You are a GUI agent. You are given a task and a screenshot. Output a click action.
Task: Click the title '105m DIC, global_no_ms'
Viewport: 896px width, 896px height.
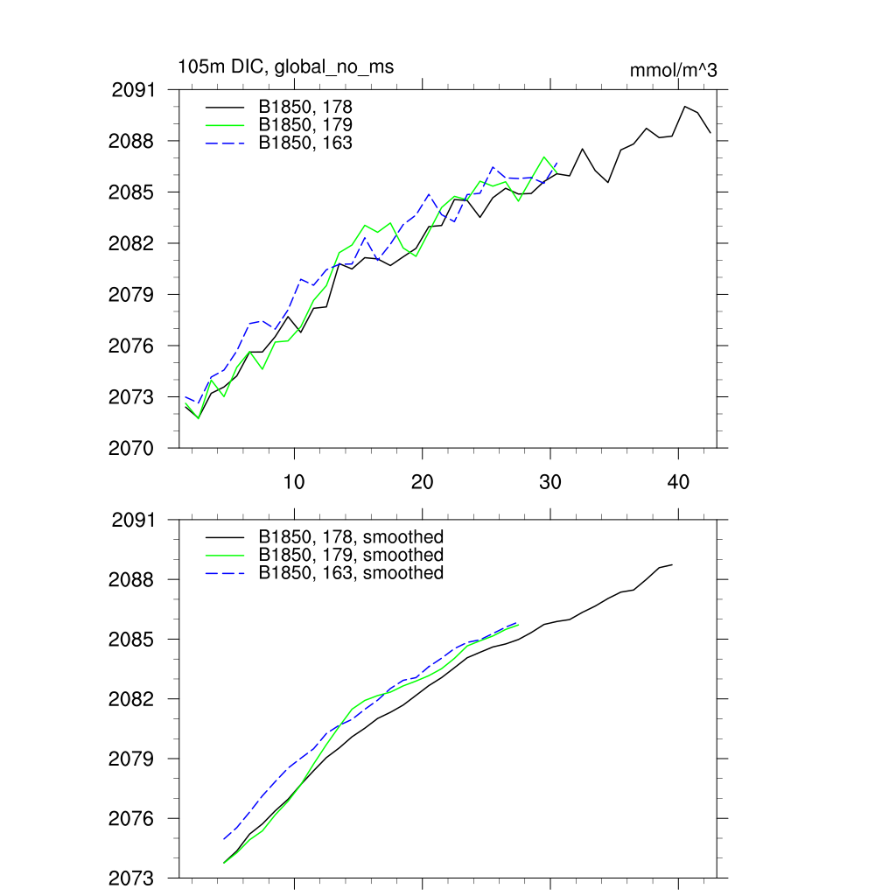tap(285, 66)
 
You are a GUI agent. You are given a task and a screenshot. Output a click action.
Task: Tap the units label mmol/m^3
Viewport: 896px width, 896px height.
tap(673, 70)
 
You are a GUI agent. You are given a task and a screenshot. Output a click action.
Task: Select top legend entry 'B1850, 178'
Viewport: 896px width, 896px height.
tap(305, 107)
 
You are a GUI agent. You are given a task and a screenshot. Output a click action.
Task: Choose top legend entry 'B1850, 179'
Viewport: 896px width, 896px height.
tap(305, 124)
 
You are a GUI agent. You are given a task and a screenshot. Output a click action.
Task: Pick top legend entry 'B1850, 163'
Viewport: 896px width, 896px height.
tap(305, 142)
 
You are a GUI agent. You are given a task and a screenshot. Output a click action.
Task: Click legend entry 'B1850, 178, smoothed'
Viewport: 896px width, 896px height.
tap(351, 536)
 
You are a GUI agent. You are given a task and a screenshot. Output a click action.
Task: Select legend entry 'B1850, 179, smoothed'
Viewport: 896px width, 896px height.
tap(351, 555)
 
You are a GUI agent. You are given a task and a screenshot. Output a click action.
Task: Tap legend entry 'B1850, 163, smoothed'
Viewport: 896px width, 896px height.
tap(351, 572)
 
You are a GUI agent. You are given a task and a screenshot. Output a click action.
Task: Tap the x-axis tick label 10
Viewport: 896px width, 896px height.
tap(294, 482)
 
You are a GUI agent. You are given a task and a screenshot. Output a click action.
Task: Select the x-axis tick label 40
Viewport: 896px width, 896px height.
tap(678, 482)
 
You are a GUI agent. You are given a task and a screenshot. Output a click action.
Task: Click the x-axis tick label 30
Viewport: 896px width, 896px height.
tap(550, 482)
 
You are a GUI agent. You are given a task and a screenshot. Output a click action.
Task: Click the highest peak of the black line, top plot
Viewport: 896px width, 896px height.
tap(684, 107)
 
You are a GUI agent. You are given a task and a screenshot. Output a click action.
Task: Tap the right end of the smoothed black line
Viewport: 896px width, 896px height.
tap(672, 564)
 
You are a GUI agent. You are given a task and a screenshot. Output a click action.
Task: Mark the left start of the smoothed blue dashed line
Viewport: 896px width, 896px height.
tap(224, 839)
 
